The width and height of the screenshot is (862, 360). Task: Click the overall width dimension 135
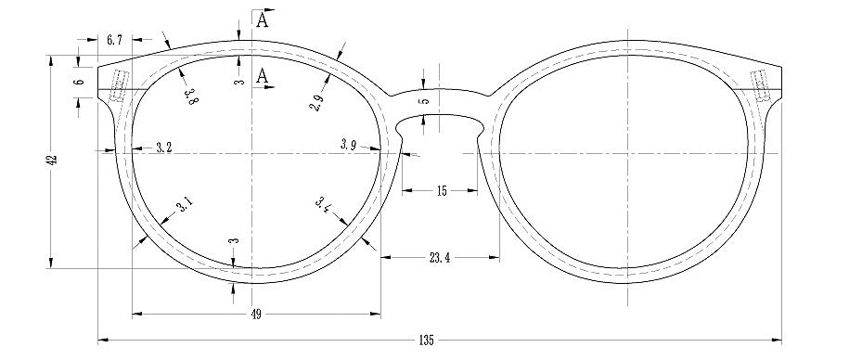tap(426, 341)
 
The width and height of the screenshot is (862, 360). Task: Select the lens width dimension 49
tap(256, 315)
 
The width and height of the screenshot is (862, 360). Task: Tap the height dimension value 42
tap(52, 161)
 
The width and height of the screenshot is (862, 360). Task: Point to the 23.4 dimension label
tap(440, 257)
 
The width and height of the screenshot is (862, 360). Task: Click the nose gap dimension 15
tap(442, 191)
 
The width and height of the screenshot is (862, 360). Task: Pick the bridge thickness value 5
tap(423, 102)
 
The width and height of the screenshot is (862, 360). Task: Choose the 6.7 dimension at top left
tap(114, 40)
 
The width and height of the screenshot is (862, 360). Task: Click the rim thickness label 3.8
tap(191, 96)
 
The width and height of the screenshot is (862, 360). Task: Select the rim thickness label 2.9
tap(316, 102)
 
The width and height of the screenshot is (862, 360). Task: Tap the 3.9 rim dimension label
tap(349, 145)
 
